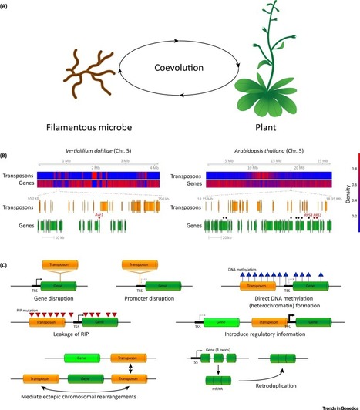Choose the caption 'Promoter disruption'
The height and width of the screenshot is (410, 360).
pyautogui.click(x=157, y=296)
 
